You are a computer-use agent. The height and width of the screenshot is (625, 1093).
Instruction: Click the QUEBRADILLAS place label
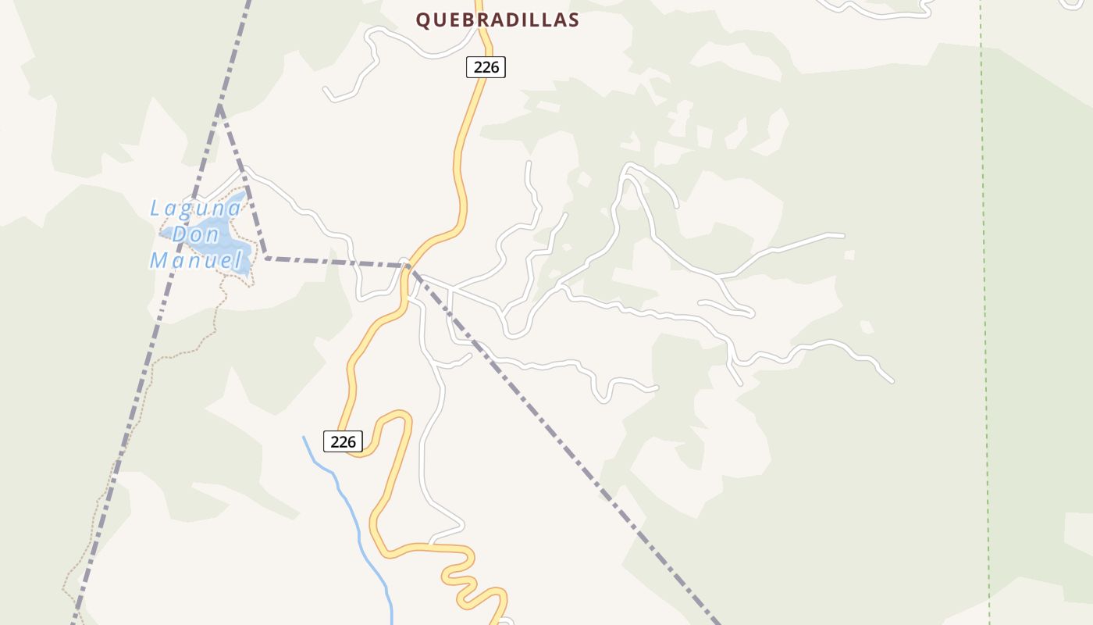tap(497, 20)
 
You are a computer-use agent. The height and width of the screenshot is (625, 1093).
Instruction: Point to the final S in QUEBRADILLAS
tap(574, 20)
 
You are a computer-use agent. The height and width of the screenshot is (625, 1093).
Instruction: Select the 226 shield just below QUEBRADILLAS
tap(486, 67)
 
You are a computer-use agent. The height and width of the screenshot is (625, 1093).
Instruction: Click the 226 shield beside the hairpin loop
tap(343, 441)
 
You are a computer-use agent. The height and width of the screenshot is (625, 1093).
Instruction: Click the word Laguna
tap(196, 209)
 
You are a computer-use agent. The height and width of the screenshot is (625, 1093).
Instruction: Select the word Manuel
tap(196, 260)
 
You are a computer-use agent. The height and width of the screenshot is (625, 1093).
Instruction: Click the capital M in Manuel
tap(159, 260)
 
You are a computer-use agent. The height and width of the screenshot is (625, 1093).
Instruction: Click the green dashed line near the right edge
tap(985, 312)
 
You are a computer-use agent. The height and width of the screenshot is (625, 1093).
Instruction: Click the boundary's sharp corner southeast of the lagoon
tap(266, 257)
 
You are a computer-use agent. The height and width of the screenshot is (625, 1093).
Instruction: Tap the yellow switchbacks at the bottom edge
tap(468, 582)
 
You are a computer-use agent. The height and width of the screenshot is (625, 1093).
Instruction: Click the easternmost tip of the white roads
tap(892, 381)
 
